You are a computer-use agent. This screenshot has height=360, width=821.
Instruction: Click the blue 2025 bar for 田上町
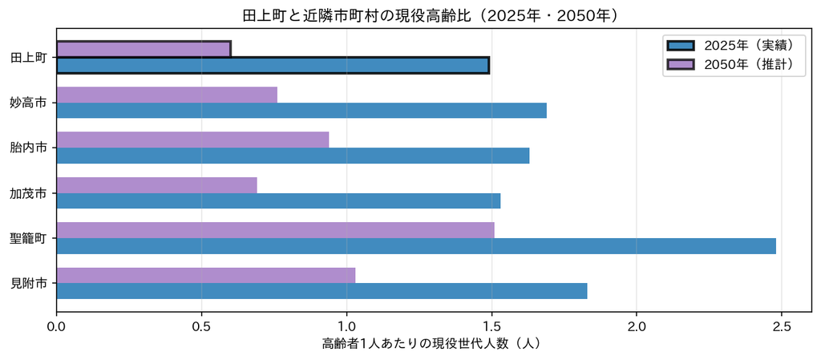click(273, 66)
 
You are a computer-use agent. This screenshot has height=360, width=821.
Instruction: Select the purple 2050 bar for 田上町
click(144, 50)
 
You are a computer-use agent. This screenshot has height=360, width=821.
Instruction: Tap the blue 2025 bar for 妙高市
click(301, 111)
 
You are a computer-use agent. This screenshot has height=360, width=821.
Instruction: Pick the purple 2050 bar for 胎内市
click(192, 140)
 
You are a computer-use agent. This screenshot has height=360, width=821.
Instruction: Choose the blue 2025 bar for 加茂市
click(278, 201)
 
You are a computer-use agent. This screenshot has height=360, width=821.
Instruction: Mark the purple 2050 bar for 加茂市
click(156, 185)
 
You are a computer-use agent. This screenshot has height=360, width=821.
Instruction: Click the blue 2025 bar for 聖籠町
click(416, 246)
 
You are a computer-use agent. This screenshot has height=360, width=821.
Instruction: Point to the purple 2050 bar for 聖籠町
click(275, 230)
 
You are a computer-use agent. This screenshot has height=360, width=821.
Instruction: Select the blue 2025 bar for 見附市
click(322, 291)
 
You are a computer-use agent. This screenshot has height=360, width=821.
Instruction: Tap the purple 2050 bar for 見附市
click(206, 275)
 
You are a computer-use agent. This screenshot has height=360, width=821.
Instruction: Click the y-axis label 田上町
click(30, 58)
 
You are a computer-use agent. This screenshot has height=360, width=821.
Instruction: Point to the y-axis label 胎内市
click(30, 148)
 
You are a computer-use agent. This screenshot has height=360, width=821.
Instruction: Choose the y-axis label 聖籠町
click(30, 238)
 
